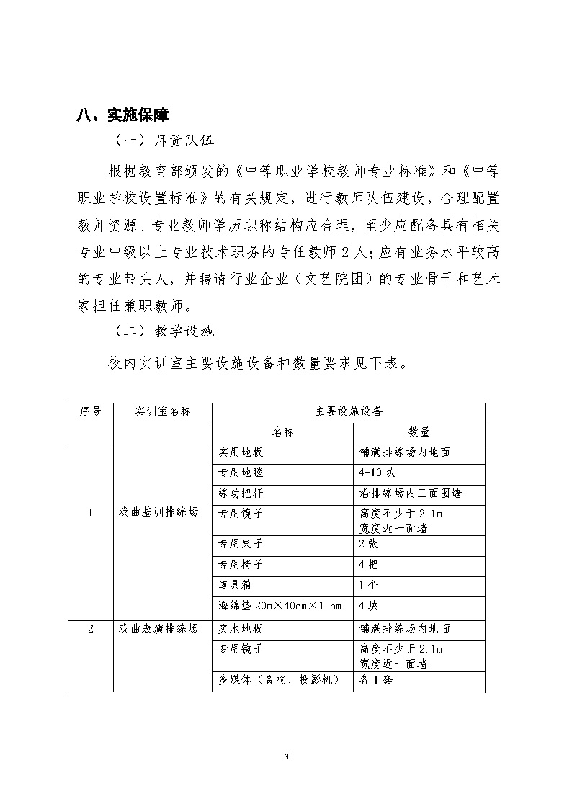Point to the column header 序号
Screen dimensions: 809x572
tap(91, 411)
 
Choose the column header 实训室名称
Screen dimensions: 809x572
tap(162, 411)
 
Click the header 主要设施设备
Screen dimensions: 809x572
tap(348, 411)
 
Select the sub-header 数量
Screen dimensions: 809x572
tap(419, 432)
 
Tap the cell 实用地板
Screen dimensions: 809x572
tap(241, 453)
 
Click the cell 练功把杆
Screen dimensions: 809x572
tap(241, 493)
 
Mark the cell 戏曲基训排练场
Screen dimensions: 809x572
tap(158, 513)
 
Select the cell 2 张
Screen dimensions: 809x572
tap(369, 545)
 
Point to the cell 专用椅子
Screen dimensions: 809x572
tap(241, 565)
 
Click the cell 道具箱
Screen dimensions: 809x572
tap(235, 585)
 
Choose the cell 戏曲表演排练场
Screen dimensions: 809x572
tap(158, 628)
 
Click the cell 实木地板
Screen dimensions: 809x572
tap(241, 628)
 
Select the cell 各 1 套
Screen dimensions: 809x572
tap(375, 680)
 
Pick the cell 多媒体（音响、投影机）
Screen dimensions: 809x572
tap(279, 680)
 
